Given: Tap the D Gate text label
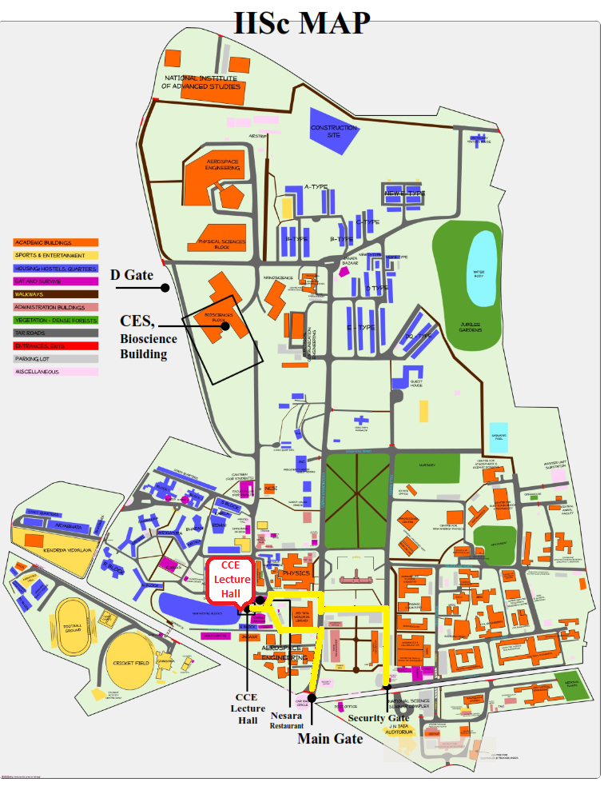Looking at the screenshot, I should coord(131,275).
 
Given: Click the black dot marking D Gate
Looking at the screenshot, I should coord(165,286).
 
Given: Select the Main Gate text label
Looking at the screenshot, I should coord(330,739).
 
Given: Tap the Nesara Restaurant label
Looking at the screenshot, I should coord(287,720).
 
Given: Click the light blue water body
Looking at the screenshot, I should coord(479,267).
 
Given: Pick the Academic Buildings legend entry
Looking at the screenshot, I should coord(55,242).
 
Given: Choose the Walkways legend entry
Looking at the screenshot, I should coord(55,294).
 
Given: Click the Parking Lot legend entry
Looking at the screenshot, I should coord(55,359).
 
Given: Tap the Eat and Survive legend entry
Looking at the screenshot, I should coord(55,281).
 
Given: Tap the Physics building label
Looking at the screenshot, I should coord(296,573).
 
